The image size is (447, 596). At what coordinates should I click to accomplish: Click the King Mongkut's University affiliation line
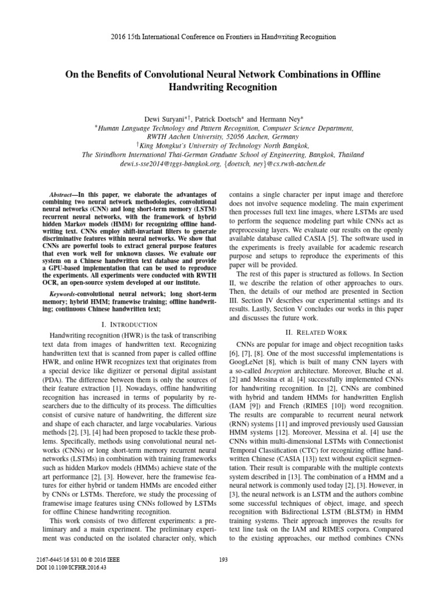click(x=223, y=146)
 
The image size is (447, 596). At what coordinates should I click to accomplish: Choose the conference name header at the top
click(x=223, y=37)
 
